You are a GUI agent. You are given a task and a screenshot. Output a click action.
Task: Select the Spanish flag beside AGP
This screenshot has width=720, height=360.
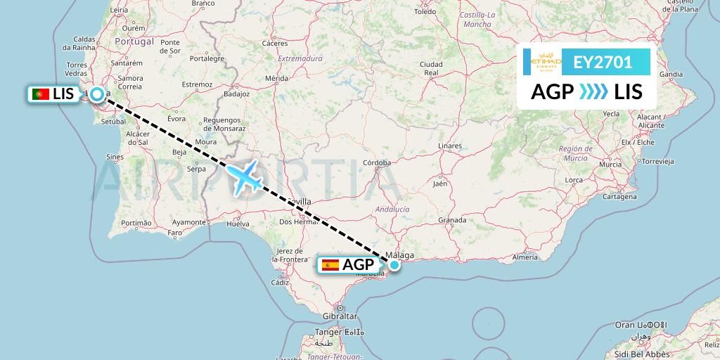(x=329, y=265)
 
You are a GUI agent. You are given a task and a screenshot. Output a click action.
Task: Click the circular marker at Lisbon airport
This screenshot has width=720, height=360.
(x=96, y=93)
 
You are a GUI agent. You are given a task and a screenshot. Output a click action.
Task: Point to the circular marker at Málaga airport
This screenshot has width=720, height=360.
(x=394, y=265)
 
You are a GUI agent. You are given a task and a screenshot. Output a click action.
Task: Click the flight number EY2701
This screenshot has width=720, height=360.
(x=602, y=63)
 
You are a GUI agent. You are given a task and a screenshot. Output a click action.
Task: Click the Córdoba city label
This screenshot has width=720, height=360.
(x=376, y=162)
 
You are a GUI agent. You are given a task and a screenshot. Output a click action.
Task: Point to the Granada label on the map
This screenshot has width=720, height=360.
(x=452, y=220)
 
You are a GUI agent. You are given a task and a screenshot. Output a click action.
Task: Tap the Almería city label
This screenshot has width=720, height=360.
(x=525, y=258)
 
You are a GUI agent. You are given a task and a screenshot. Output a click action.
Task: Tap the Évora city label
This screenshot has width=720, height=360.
(x=176, y=118)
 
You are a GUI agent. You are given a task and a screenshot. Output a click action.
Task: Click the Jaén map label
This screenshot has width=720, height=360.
(x=440, y=184)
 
